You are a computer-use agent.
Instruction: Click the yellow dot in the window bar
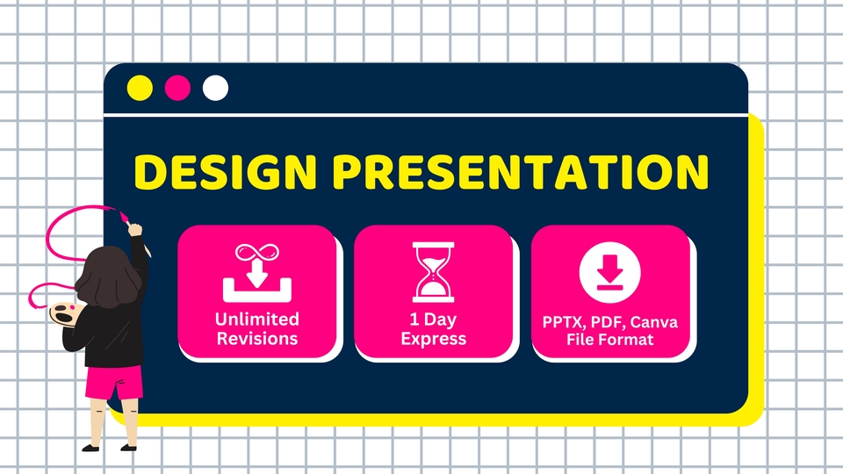[x=140, y=88]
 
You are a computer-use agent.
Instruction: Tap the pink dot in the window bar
[x=177, y=88]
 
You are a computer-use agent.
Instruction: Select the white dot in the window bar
[x=215, y=88]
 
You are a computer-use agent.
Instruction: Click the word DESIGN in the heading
[x=226, y=172]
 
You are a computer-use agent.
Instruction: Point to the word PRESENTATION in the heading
[x=522, y=172]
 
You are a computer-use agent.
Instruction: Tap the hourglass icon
[x=433, y=272]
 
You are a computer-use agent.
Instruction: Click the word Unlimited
[x=257, y=320]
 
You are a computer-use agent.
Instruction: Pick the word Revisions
[x=257, y=338]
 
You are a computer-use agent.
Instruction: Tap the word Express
[x=433, y=339]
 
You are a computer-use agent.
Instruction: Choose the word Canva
[x=654, y=322]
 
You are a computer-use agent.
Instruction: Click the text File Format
[x=609, y=340]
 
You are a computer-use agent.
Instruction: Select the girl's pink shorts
[x=113, y=382]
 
